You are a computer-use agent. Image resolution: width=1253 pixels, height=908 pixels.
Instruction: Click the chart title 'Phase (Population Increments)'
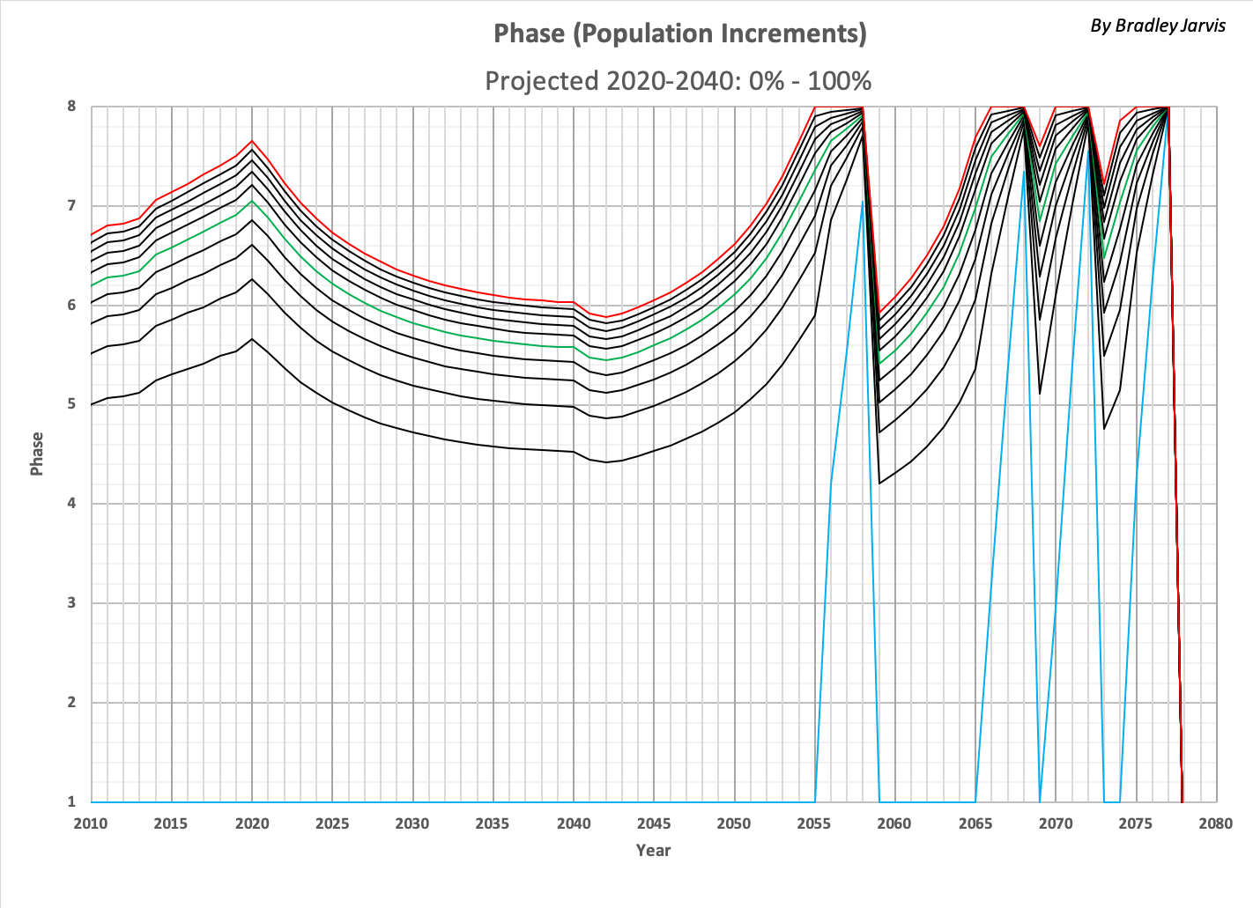coord(679,33)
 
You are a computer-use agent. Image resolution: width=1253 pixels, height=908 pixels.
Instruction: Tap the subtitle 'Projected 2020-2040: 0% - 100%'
coord(678,81)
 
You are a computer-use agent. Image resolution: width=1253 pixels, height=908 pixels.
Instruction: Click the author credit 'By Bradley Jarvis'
coord(1158,26)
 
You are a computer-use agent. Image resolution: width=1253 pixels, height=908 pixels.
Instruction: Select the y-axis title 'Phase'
coord(37,454)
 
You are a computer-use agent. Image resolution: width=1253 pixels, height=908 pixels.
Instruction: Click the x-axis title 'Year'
coord(653,850)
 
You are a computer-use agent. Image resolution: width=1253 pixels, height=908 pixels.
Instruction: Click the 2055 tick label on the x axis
coord(814,823)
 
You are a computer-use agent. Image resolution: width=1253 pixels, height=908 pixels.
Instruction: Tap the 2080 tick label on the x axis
coord(1216,823)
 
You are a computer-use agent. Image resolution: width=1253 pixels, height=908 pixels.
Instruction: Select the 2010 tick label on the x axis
coord(91,823)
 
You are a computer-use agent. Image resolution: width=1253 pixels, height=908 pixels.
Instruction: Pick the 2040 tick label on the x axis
coord(573,823)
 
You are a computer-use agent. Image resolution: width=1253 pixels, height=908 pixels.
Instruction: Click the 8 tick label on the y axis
coord(72,107)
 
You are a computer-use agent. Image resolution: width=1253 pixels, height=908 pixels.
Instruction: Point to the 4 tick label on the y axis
coord(72,504)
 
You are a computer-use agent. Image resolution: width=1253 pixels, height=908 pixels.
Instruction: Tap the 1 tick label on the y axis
coord(72,801)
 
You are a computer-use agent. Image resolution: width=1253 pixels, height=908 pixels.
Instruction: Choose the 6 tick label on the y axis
coord(72,306)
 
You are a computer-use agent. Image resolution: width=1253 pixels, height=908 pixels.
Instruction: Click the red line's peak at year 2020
coord(252,141)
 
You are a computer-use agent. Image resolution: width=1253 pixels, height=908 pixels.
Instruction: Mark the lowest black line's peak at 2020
coord(252,339)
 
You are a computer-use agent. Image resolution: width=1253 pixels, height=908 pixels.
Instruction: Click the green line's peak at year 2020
coord(252,201)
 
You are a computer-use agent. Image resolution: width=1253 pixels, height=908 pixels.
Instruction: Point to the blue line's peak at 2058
coord(863,202)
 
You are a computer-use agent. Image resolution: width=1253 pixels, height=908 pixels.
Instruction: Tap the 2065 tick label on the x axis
coord(975,823)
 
